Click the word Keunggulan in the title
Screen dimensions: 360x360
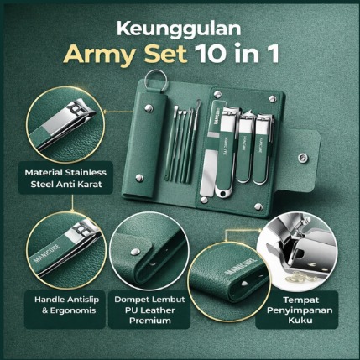click(179, 29)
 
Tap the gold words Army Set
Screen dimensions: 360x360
click(125, 54)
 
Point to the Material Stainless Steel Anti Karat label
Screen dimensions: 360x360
click(65, 178)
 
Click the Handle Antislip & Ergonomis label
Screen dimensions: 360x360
click(66, 305)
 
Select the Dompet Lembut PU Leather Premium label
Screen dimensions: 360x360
click(149, 310)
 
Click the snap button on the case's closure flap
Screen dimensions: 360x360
click(303, 158)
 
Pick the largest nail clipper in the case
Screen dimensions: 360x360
click(226, 152)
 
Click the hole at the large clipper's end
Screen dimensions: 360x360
click(222, 193)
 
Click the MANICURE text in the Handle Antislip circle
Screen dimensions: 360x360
click(47, 253)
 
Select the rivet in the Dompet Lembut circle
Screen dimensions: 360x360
click(135, 252)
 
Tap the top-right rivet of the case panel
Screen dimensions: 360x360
click(272, 98)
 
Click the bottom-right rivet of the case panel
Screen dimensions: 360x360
click(258, 206)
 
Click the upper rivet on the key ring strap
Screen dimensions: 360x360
click(149, 108)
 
